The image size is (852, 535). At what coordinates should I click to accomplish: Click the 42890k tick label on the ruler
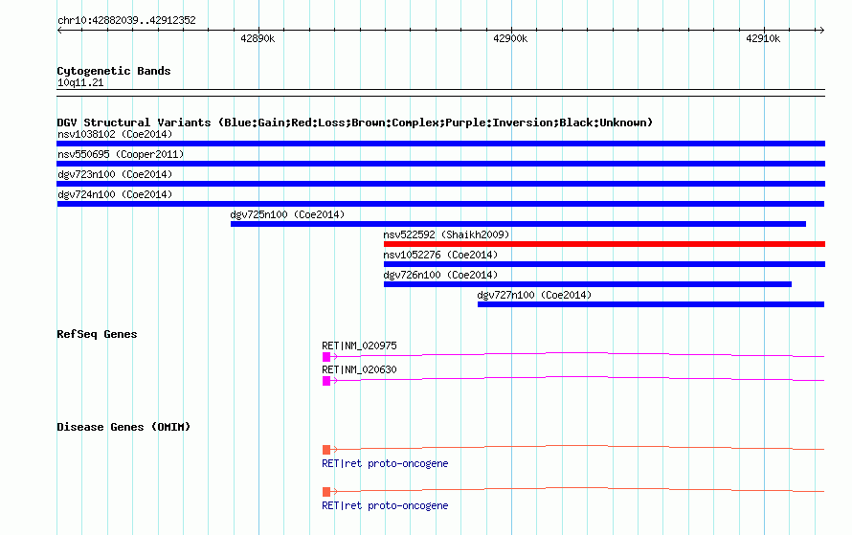pyautogui.click(x=258, y=38)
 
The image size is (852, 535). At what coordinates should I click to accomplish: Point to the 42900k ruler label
pyautogui.click(x=510, y=38)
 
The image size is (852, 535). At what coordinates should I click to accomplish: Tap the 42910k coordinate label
pyautogui.click(x=763, y=38)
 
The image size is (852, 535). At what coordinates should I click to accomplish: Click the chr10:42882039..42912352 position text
pyautogui.click(x=126, y=20)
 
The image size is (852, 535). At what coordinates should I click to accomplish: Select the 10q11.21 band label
pyautogui.click(x=80, y=82)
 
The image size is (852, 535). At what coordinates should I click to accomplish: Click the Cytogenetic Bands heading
pyautogui.click(x=114, y=71)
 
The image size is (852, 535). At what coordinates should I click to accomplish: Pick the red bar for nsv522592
pyautogui.click(x=604, y=244)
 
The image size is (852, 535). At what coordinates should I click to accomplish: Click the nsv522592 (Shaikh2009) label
pyautogui.click(x=446, y=234)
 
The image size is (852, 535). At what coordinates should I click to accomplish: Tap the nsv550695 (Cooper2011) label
pyautogui.click(x=121, y=154)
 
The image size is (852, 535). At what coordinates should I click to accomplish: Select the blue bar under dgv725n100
pyautogui.click(x=518, y=224)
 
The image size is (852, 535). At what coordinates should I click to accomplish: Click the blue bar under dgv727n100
pyautogui.click(x=651, y=304)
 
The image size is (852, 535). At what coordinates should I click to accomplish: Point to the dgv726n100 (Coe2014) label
pyautogui.click(x=440, y=275)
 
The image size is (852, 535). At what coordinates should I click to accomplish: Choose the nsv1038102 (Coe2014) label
pyautogui.click(x=115, y=134)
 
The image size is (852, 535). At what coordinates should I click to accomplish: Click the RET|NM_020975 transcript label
pyautogui.click(x=359, y=346)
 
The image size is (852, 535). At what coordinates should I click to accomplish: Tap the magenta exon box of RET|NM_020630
pyautogui.click(x=326, y=381)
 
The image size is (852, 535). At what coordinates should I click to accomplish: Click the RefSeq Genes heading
pyautogui.click(x=97, y=334)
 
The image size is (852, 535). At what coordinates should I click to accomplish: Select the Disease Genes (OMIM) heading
pyautogui.click(x=123, y=427)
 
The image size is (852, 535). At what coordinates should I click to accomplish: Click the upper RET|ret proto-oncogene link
pyautogui.click(x=385, y=463)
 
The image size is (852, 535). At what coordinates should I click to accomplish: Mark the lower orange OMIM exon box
pyautogui.click(x=326, y=492)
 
